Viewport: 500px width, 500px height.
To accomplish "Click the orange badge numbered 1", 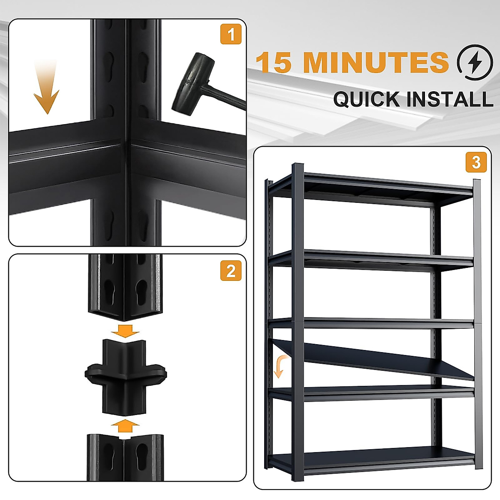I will (x=230, y=34).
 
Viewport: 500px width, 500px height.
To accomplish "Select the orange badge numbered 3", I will (x=476, y=162).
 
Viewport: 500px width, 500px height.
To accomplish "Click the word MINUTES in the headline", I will (x=376, y=62).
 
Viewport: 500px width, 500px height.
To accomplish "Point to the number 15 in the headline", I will (x=273, y=62).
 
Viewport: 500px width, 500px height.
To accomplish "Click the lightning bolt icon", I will (x=475, y=62).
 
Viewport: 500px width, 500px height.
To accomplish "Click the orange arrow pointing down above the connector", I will (x=125, y=330).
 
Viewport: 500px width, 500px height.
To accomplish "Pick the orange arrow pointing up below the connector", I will (x=125, y=426).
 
